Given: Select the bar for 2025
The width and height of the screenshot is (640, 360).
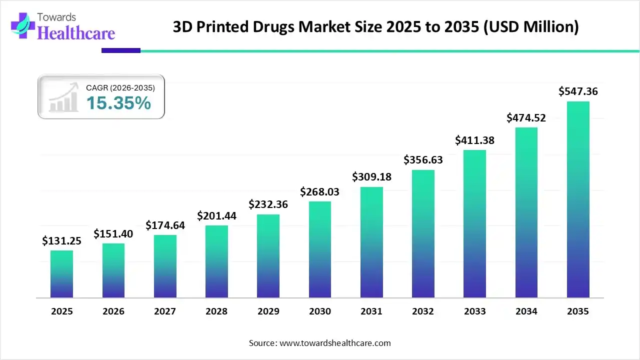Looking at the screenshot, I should (61, 274).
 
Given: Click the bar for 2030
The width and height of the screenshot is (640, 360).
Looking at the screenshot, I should (320, 249).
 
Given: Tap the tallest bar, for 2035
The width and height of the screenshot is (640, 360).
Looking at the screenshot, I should (578, 199).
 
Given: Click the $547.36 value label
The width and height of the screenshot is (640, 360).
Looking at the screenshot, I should (578, 91).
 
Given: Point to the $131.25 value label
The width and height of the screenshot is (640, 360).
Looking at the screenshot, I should (61, 240).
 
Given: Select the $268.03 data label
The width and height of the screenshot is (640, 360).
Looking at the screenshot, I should (320, 191).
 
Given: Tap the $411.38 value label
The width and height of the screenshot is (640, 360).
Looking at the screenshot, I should (474, 140).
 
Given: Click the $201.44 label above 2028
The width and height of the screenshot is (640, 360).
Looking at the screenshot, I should (216, 215).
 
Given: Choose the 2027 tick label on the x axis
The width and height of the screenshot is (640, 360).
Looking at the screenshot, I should (165, 311).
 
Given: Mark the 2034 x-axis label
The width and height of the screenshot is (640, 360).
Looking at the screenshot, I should (526, 311).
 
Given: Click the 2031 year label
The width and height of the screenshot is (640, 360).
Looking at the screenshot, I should (371, 311).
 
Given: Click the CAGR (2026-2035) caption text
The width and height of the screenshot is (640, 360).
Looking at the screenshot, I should (120, 87).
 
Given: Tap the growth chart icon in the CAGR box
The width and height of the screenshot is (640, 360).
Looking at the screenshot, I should (63, 97).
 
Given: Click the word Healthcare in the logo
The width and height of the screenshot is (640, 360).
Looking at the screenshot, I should (76, 33).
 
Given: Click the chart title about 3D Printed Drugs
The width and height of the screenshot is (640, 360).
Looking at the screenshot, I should (375, 26).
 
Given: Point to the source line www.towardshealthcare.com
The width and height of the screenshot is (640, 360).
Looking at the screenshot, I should (319, 343).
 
